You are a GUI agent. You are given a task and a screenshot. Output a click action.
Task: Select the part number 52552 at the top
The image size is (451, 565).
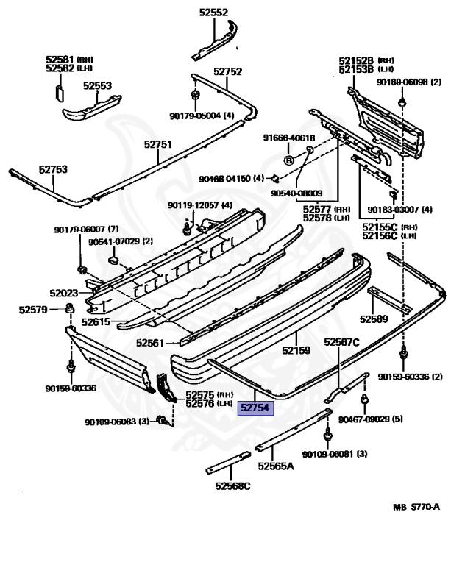pyautogui.click(x=213, y=12)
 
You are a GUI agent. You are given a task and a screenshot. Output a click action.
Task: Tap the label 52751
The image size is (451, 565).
pyautogui.click(x=157, y=145)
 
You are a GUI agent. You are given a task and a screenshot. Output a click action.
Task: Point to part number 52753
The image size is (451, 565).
pyautogui.click(x=53, y=169)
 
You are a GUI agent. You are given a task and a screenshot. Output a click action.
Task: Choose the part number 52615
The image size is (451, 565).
pyautogui.click(x=95, y=321)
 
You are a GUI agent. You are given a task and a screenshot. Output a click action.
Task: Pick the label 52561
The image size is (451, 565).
pyautogui.click(x=150, y=343)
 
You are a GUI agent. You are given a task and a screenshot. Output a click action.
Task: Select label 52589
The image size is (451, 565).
pyautogui.click(x=374, y=319)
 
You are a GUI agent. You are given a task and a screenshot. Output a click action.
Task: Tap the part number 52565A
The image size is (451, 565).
pyautogui.click(x=276, y=466)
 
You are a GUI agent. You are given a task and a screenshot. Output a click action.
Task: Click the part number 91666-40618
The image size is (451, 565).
pyautogui.click(x=290, y=138)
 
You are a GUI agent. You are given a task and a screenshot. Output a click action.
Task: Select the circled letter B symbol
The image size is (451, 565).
pyautogui.click(x=289, y=160)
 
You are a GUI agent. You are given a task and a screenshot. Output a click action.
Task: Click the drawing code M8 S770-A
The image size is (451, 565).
pyautogui.click(x=416, y=506)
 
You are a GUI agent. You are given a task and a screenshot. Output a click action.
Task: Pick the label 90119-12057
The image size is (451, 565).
pyautogui.click(x=193, y=205)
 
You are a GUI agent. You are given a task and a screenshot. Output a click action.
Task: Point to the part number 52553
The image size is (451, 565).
pyautogui.click(x=97, y=86)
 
